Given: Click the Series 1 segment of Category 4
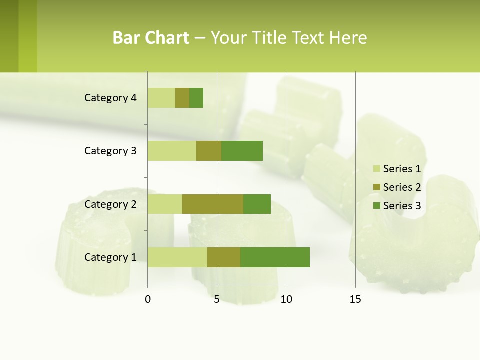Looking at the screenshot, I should point(161,98).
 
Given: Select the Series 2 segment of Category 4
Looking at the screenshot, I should point(182,98).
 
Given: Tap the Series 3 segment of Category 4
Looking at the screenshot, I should point(196,98).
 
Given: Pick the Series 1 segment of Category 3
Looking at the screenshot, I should point(172,151).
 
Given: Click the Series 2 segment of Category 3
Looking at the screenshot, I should point(209,151).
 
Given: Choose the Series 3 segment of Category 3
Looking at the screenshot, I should point(242,151).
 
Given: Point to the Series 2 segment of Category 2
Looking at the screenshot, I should point(213,204).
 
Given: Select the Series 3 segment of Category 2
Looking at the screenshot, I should point(257,204).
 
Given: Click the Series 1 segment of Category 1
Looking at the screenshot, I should point(177,257).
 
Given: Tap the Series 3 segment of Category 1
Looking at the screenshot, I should point(275,257).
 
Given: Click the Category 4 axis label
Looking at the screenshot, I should point(110,98).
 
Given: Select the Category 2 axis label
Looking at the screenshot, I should point(110,204).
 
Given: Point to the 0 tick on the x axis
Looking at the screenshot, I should point(148,299).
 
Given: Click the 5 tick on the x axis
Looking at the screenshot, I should point(217,299).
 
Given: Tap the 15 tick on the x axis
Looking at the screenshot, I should point(355,299).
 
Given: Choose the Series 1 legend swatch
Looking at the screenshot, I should point(376,169).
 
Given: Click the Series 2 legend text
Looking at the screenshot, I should point(402,187).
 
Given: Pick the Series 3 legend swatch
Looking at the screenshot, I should point(376,206).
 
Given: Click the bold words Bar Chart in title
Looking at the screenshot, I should point(151,38).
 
